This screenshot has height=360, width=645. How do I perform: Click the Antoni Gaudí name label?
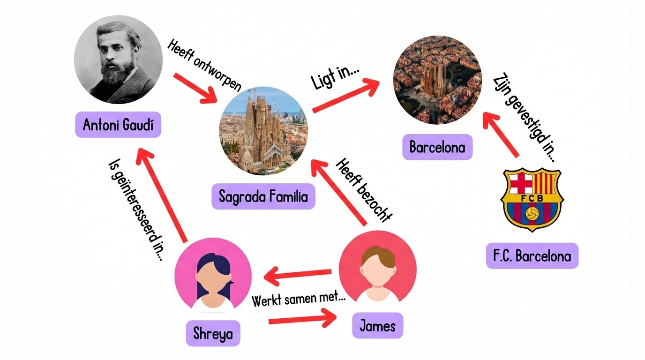[118, 125]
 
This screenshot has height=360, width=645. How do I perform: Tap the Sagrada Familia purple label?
[263, 196]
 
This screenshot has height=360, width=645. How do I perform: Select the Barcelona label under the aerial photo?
[437, 147]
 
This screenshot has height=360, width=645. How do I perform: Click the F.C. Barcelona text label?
[532, 256]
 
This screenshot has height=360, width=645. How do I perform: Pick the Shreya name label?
[213, 333]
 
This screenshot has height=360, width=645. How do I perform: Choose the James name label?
[377, 325]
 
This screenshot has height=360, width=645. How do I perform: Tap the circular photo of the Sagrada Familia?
[264, 130]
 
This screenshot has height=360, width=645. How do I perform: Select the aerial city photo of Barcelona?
[437, 80]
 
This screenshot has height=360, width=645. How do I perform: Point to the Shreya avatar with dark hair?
[213, 276]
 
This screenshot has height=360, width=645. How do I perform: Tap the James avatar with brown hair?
[377, 268]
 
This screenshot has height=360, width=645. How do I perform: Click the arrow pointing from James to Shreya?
[298, 275]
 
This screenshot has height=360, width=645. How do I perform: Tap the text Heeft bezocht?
[364, 190]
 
